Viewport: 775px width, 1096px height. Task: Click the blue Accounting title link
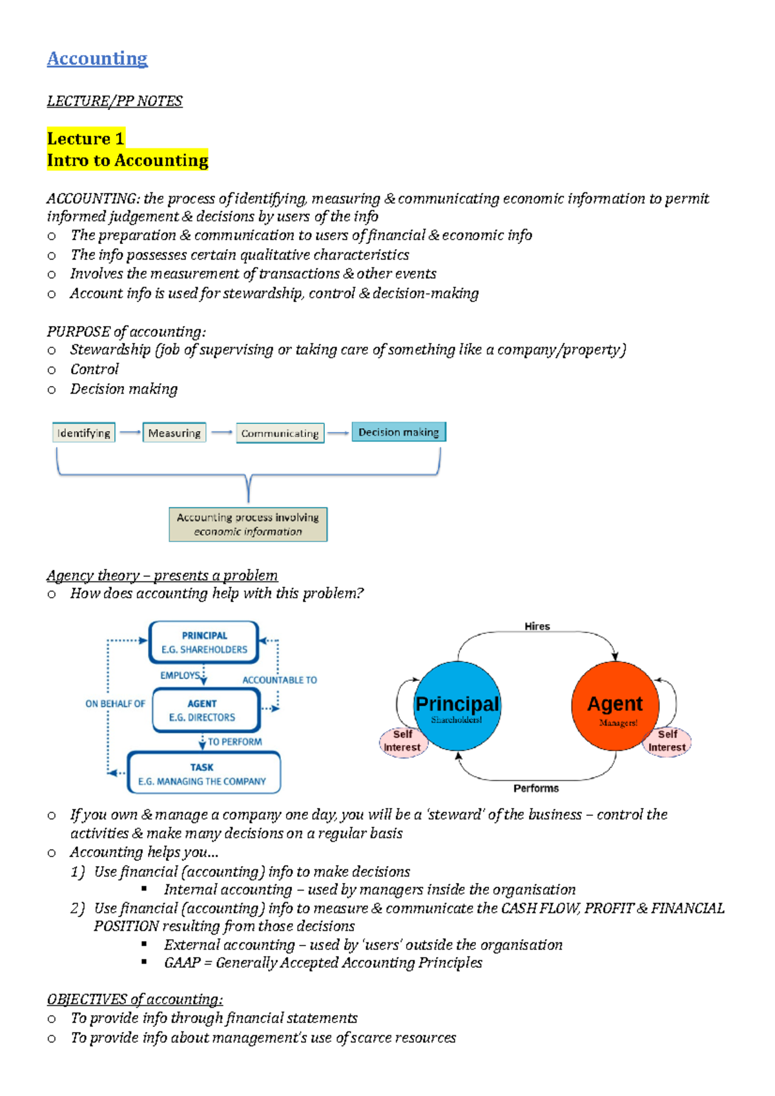[x=97, y=59]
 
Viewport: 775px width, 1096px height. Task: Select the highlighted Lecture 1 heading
[x=85, y=138]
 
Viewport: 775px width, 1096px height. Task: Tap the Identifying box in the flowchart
[x=83, y=432]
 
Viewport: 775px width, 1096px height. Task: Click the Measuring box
[x=174, y=432]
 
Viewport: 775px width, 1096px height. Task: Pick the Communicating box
[x=280, y=433]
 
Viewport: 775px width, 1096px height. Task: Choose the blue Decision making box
[x=398, y=432]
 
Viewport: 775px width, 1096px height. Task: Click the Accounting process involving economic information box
[x=248, y=524]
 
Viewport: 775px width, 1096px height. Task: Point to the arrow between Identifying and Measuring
[x=130, y=432]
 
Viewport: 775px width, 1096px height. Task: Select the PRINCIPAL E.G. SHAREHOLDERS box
[x=204, y=642]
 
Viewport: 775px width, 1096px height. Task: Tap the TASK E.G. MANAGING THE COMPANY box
[x=203, y=773]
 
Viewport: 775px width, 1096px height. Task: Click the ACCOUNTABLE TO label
[x=280, y=680]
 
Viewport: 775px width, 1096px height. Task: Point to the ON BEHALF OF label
[x=115, y=704]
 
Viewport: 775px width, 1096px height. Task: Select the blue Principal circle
[x=457, y=705]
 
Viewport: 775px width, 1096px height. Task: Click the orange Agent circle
[x=615, y=705]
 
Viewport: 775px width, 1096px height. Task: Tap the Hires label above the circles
[x=537, y=626]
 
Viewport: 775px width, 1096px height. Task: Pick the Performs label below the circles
[x=536, y=788]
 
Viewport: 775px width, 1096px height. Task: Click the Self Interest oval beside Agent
[x=668, y=741]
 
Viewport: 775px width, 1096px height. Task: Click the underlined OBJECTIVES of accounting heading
[x=134, y=999]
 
